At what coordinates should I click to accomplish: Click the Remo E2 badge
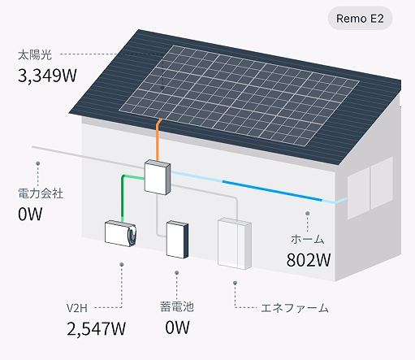(360, 19)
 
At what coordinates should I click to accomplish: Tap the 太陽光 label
(35, 55)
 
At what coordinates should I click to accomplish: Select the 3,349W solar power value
(47, 75)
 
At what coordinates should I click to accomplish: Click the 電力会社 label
(41, 193)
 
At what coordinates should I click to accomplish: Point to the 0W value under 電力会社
(30, 214)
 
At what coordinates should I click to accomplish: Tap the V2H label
(77, 308)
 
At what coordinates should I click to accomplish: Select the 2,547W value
(96, 328)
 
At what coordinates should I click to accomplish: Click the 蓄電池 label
(177, 306)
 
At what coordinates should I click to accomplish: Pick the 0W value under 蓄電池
(177, 327)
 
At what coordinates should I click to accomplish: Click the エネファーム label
(295, 308)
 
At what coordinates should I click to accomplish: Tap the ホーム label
(308, 239)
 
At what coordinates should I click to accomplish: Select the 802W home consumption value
(309, 260)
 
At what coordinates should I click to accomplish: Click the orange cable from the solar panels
(158, 140)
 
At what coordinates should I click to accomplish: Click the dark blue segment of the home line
(272, 190)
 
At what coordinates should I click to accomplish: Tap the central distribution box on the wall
(158, 177)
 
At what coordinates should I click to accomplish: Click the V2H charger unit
(120, 233)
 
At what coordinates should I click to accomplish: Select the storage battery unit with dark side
(177, 240)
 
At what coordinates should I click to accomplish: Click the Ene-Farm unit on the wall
(235, 243)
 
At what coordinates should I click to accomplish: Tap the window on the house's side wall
(370, 188)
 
